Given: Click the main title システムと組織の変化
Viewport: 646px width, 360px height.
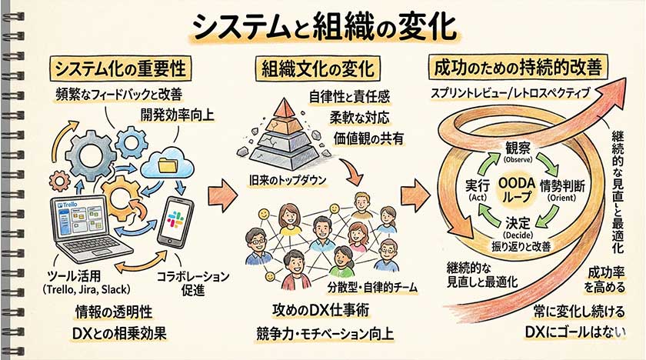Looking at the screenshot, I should point(323,27).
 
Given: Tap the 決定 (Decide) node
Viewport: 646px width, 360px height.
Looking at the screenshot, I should point(518,227).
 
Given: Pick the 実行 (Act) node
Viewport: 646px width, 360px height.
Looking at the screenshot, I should point(471,188).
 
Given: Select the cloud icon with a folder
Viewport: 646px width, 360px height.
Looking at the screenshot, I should point(171,162).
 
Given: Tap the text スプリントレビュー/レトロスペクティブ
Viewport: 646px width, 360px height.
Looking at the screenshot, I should point(509,93).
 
